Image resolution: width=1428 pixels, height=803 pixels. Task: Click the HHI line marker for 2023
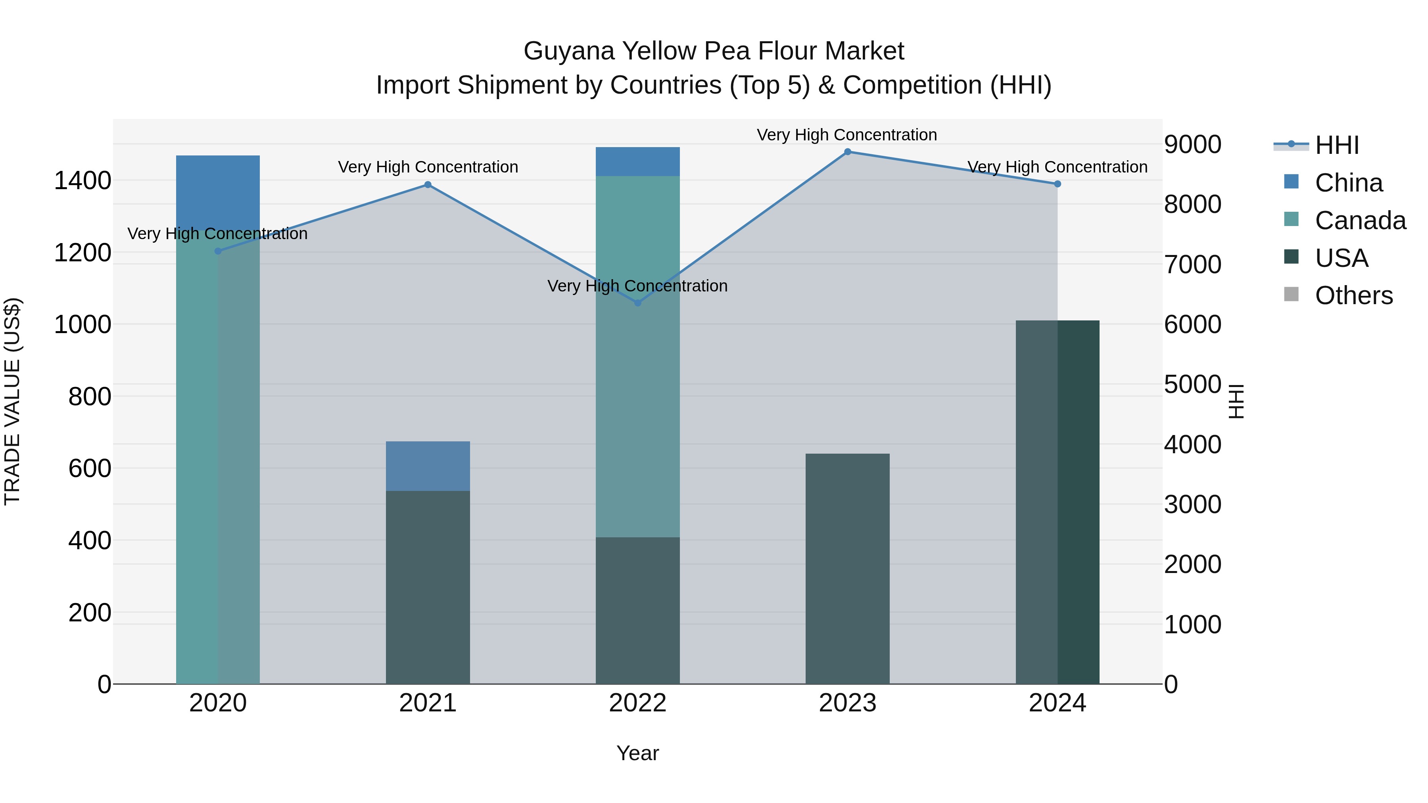[x=847, y=152]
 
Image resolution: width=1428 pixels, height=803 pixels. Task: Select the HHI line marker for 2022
[x=637, y=303]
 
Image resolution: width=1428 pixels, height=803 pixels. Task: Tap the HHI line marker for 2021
[x=427, y=184]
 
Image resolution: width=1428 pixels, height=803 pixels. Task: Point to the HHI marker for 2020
[x=218, y=251]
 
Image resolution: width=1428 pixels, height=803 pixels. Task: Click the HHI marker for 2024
[x=1057, y=184]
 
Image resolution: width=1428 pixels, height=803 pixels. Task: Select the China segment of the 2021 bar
[x=427, y=466]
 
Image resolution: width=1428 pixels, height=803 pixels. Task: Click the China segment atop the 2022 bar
[x=637, y=161]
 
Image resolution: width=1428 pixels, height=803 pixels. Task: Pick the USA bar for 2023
[x=847, y=568]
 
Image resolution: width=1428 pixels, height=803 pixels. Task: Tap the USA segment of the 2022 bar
[x=637, y=609]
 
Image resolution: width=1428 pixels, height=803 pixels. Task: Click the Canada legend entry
[x=1359, y=220]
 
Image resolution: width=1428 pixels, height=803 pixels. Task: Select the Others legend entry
[x=1353, y=295]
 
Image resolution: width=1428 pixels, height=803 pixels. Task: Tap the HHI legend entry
[x=1336, y=145]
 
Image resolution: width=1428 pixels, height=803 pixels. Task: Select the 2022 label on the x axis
[x=637, y=703]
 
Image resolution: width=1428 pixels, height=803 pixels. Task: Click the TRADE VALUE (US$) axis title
[x=12, y=401]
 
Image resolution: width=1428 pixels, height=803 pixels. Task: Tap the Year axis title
[x=637, y=753]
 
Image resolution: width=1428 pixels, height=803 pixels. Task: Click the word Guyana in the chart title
[x=569, y=51]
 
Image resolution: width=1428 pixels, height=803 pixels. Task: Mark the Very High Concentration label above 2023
[x=846, y=135]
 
